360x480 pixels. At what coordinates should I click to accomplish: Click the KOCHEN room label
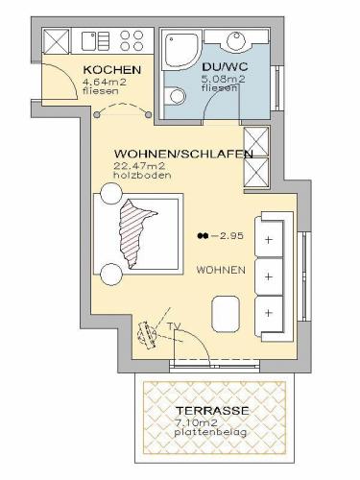pyautogui.click(x=112, y=69)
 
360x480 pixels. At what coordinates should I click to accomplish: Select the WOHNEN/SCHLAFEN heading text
pyautogui.click(x=183, y=154)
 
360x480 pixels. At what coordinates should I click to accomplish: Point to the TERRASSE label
pyautogui.click(x=212, y=410)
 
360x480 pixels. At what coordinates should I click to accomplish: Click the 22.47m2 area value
pyautogui.click(x=139, y=166)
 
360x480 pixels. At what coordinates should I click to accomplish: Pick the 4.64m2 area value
pyautogui.click(x=105, y=82)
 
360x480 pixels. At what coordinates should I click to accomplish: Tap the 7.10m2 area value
pyautogui.click(x=196, y=422)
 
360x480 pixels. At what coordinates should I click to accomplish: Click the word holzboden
pyautogui.click(x=142, y=175)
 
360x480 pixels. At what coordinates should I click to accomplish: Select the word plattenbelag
pyautogui.click(x=211, y=432)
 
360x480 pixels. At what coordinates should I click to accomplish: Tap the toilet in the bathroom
pyautogui.click(x=175, y=96)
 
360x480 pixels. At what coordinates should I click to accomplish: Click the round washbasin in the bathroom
pyautogui.click(x=236, y=40)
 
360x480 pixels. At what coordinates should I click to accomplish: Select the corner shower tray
pyautogui.click(x=180, y=50)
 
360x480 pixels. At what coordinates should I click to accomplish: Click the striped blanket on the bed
pyautogui.click(x=135, y=232)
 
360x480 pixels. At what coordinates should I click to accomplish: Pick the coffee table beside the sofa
pyautogui.click(x=226, y=314)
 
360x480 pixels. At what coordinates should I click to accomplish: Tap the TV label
pyautogui.click(x=174, y=326)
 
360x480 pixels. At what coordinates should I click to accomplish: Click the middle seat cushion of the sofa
pyautogui.click(x=269, y=276)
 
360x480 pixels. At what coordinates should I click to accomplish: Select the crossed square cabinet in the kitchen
pyautogui.click(x=56, y=41)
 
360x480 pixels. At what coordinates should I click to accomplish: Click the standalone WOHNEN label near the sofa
pyautogui.click(x=221, y=270)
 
